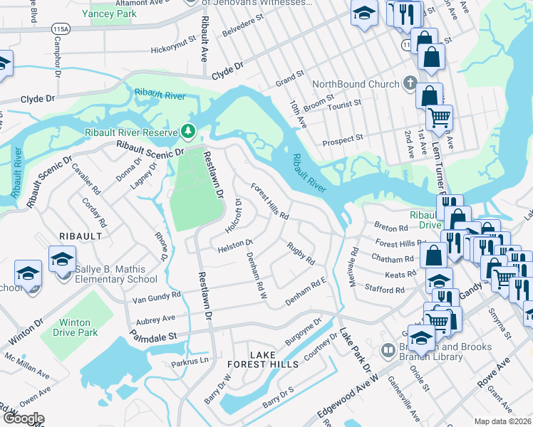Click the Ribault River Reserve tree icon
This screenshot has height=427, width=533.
click(188, 132)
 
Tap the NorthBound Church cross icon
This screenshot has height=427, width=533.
click(410, 84)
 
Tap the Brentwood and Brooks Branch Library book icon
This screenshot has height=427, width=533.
click(388, 351)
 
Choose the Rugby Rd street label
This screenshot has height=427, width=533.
click(301, 254)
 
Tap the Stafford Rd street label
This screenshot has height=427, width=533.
click(384, 290)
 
